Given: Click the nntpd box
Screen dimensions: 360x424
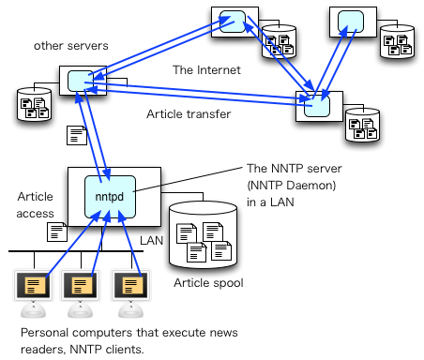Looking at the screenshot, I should [111, 196].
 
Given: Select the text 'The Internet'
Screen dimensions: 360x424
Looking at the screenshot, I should [206, 69].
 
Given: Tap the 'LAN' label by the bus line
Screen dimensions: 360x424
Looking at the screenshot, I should [151, 241].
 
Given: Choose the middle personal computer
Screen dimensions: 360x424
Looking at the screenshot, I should [82, 289].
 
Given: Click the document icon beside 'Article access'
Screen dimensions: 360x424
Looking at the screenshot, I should [56, 230].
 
